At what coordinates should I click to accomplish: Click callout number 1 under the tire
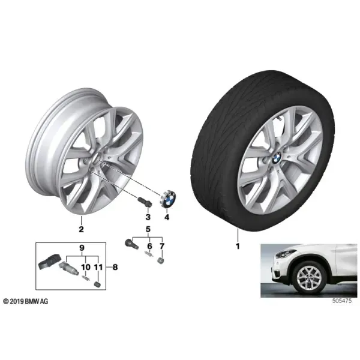(x=238, y=247)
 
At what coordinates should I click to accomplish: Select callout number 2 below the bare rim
(x=81, y=229)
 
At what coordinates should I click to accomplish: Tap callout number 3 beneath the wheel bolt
(x=148, y=217)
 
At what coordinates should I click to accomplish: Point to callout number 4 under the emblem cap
(x=167, y=217)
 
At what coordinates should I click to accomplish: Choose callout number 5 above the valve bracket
(x=148, y=229)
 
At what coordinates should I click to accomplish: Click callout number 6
(x=149, y=246)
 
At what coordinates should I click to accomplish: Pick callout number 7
(x=162, y=246)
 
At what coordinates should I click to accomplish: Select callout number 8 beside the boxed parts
(x=115, y=267)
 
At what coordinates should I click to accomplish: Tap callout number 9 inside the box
(x=82, y=248)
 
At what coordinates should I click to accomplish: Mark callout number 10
(x=86, y=267)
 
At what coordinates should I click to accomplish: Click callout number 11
(x=98, y=267)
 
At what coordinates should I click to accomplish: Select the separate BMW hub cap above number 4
(x=167, y=199)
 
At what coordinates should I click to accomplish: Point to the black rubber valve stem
(x=131, y=244)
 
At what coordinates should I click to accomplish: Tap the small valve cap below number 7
(x=161, y=261)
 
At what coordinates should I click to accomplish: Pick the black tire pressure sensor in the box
(x=49, y=261)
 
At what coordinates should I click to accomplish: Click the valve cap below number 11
(x=97, y=284)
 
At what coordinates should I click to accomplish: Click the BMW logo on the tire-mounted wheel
(x=277, y=158)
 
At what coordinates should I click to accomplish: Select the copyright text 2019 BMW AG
(x=26, y=301)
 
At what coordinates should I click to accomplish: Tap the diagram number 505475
(x=342, y=301)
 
